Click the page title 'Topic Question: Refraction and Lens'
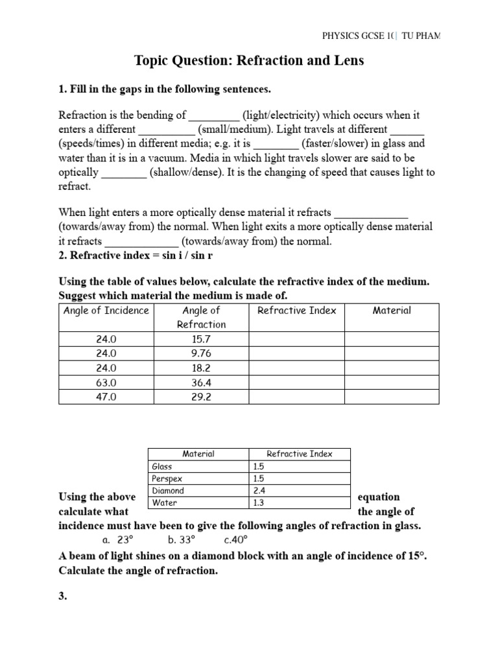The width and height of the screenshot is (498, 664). [249, 61]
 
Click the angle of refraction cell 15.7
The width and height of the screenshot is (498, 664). [202, 339]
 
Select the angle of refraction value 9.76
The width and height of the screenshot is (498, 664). [202, 353]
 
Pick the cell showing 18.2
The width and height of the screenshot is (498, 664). [202, 368]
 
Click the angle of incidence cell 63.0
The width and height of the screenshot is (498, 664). [106, 383]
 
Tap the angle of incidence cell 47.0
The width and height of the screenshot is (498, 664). [106, 397]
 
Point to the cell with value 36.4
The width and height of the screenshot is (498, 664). [202, 383]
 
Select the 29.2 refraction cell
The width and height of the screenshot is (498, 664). [202, 397]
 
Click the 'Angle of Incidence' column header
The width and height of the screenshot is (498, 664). [106, 310]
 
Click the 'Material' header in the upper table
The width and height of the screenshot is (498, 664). [392, 310]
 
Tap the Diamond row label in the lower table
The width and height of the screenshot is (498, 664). [168, 491]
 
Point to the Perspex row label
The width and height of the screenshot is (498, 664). [167, 479]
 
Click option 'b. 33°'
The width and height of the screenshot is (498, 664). [181, 539]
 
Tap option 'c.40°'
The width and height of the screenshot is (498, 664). [236, 539]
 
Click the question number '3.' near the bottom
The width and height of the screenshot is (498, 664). [63, 597]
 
